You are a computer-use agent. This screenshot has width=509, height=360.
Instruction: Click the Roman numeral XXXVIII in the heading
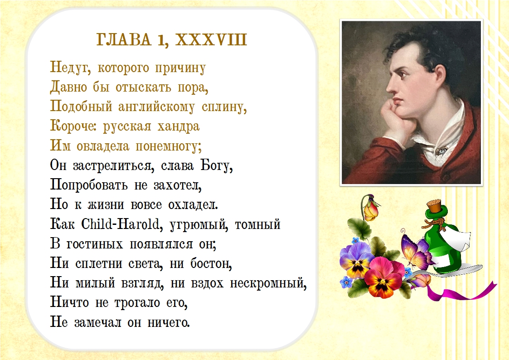click(211, 39)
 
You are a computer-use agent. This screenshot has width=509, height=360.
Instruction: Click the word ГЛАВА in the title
click(124, 39)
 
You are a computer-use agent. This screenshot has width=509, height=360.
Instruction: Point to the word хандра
click(178, 126)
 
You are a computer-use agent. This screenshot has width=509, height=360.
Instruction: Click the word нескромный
click(268, 283)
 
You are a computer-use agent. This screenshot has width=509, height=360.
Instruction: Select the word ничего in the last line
click(169, 322)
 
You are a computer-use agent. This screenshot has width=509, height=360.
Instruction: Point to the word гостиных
click(95, 244)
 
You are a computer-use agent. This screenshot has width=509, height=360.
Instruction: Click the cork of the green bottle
click(435, 206)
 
